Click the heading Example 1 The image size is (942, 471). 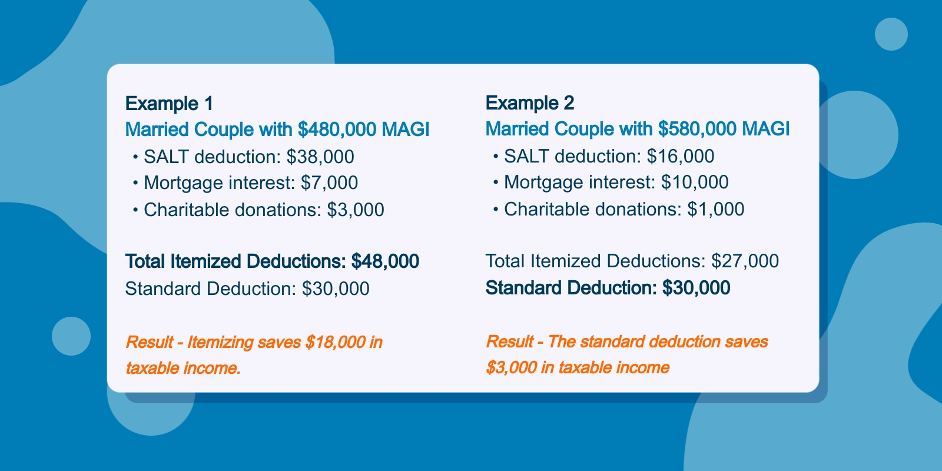(169, 104)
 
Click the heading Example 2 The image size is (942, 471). (530, 104)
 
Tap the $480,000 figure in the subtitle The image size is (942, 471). (337, 129)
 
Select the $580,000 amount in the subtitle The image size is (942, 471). (697, 129)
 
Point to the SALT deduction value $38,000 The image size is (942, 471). (320, 157)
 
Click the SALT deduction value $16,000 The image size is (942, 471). (681, 157)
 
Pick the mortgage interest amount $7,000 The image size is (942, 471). (329, 183)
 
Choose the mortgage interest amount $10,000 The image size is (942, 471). (695, 183)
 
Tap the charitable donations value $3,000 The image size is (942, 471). (356, 210)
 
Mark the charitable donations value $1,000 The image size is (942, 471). (716, 210)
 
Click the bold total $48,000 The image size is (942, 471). (385, 261)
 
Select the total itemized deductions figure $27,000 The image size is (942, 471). (745, 261)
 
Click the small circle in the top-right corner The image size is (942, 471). (891, 34)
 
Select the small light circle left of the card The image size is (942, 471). (71, 336)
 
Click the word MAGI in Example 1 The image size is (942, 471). (406, 129)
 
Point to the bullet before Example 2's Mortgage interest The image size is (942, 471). (496, 183)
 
